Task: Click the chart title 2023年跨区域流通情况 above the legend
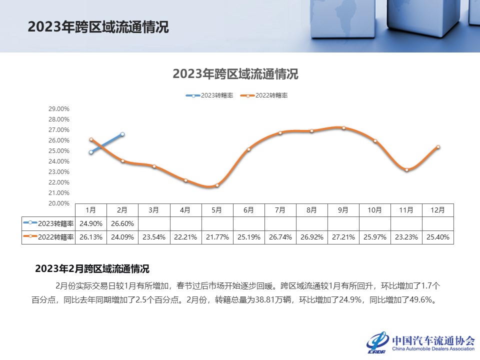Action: click(235, 74)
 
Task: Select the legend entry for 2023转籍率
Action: click(210, 95)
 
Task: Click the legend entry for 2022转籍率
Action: click(264, 95)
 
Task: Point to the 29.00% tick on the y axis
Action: click(59, 109)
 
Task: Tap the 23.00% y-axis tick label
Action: click(59, 172)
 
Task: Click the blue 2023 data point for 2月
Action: click(122, 134)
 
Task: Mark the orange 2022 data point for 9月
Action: click(343, 128)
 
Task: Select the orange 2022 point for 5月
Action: click(217, 185)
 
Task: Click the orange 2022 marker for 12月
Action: click(438, 147)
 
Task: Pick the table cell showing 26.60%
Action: click(123, 223)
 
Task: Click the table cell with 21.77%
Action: click(217, 237)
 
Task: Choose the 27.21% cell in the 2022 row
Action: click(343, 237)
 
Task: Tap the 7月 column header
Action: click(280, 210)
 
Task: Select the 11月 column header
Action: click(406, 210)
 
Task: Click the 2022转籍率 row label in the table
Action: click(48, 237)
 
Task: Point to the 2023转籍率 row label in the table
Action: click(48, 223)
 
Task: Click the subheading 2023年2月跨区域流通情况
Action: click(92, 269)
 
